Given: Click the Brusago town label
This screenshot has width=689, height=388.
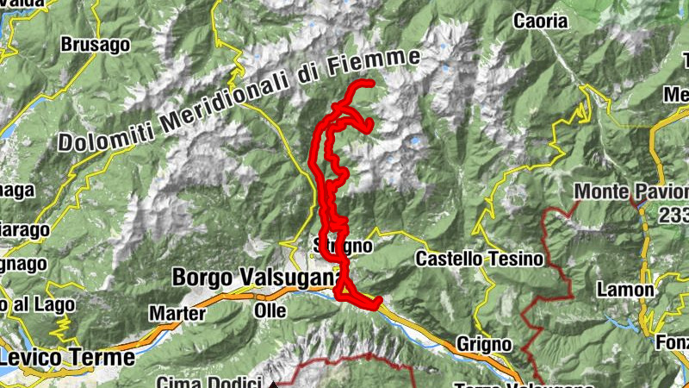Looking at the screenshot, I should [95, 43].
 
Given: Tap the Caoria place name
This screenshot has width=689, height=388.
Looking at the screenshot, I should [540, 21].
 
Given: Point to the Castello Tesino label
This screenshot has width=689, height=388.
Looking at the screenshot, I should [480, 258].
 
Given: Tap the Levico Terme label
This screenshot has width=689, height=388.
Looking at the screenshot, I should [68, 356].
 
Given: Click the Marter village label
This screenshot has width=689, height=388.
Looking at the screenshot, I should [177, 312].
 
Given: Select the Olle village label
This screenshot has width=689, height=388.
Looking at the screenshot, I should [270, 308].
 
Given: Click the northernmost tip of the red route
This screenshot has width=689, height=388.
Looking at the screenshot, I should [369, 83].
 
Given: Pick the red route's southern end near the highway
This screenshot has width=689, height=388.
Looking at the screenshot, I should [376, 301].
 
